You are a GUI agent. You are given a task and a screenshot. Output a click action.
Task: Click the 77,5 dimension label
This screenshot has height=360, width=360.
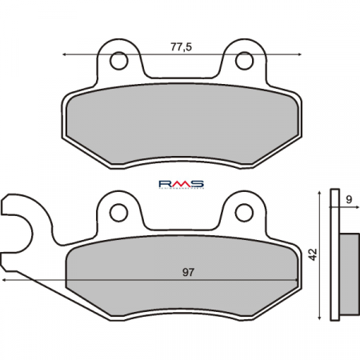182,47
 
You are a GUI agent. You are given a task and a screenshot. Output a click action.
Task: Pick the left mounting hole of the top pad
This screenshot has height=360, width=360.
119,60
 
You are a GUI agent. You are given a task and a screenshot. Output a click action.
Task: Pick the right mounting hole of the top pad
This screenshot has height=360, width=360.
244,60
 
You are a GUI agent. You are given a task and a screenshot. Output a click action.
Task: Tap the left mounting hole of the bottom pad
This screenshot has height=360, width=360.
119,212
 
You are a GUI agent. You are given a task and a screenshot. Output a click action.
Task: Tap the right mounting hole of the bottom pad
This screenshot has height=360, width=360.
244,212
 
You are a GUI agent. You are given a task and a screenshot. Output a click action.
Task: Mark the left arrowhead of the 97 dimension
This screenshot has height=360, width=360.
5,281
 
